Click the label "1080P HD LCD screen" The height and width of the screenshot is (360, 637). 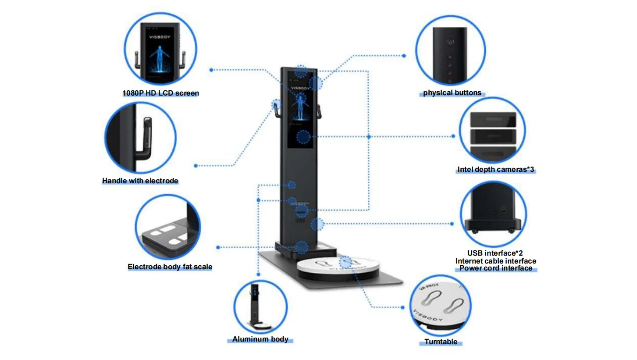pos(160,93)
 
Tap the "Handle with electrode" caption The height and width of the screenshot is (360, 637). pos(140,181)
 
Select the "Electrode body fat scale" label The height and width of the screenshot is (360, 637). pos(170,267)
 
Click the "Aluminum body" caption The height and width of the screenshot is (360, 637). pos(260,339)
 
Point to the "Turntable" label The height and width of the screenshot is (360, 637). pos(441,342)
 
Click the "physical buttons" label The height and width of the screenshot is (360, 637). pos(452,93)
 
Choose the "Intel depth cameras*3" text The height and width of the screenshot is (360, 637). pos(496,170)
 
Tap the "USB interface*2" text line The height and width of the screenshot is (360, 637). pos(495,253)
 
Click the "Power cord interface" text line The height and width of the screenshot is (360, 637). pos(496,268)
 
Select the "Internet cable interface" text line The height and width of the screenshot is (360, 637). pos(496,261)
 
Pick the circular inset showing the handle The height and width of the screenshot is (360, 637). pos(140,138)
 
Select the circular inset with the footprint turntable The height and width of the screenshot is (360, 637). pos(441,306)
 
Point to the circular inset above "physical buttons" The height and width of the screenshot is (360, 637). pos(450,51)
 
